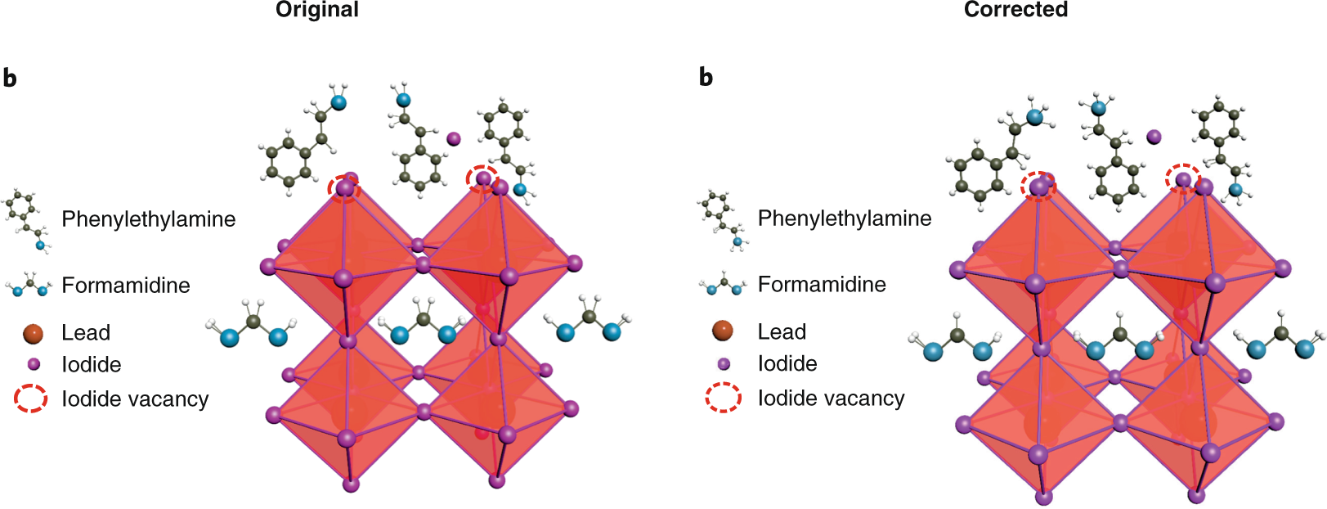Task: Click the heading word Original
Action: (317, 10)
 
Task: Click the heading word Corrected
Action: (1015, 10)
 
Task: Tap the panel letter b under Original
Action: (10, 79)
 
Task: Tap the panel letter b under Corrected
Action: (706, 78)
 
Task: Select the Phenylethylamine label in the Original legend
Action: (149, 219)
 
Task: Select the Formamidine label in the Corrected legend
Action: (822, 284)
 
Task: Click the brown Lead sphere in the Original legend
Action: (33, 333)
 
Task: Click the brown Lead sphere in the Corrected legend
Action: (723, 331)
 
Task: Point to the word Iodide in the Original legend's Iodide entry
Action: (92, 365)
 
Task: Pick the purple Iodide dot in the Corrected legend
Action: (724, 363)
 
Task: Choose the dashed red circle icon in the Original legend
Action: (31, 399)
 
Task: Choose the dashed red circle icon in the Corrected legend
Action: (724, 398)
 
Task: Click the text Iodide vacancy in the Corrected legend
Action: (831, 399)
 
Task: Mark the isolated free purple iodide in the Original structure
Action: (454, 138)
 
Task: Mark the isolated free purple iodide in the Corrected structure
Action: (1154, 137)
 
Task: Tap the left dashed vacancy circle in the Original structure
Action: (345, 188)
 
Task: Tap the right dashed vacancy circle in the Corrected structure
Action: (1183, 179)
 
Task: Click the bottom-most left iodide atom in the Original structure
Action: (351, 484)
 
